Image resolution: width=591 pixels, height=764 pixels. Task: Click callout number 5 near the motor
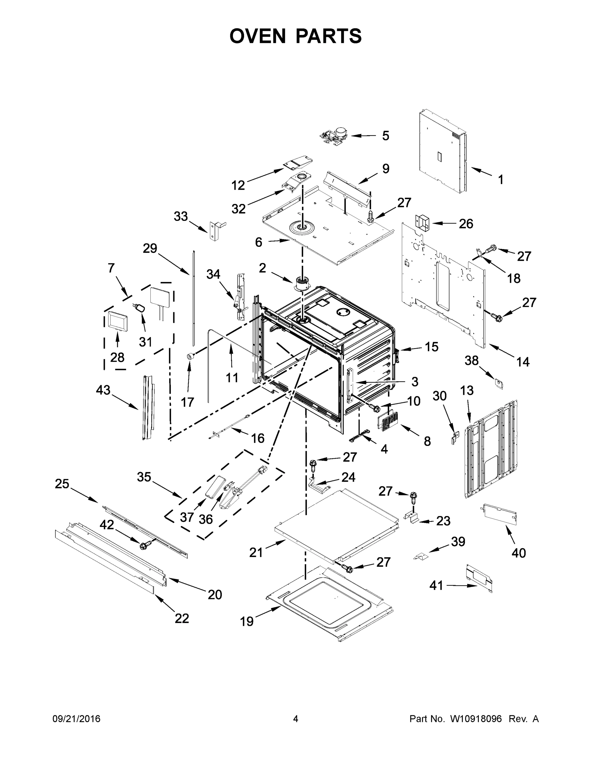(385, 136)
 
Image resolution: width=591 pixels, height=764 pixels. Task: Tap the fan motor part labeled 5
(335, 135)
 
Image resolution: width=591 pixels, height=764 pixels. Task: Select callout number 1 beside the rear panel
(500, 180)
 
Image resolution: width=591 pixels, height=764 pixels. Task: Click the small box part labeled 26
(422, 223)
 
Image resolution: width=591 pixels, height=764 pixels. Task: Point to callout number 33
(181, 216)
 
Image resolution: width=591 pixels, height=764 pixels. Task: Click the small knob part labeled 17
(191, 357)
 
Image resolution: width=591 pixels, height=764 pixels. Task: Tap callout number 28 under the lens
(117, 357)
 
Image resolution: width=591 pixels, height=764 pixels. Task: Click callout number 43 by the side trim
(103, 390)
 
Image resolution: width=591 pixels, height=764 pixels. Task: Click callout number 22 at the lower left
(182, 618)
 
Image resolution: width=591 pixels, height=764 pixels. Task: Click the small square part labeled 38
(499, 383)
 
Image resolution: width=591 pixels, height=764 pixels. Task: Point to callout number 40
(519, 553)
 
